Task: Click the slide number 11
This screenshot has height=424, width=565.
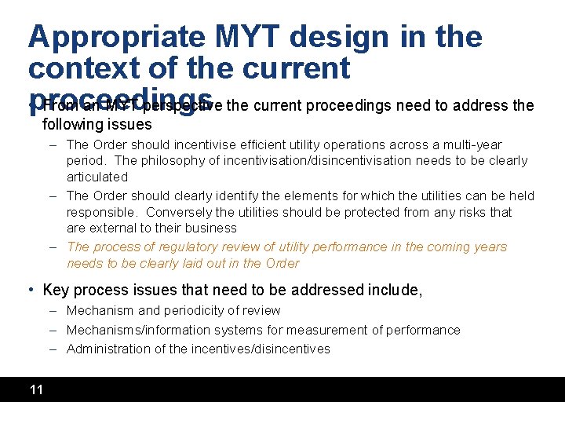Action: (x=36, y=389)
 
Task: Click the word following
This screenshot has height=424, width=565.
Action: (x=71, y=124)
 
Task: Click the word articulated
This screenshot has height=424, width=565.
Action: (x=97, y=177)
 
